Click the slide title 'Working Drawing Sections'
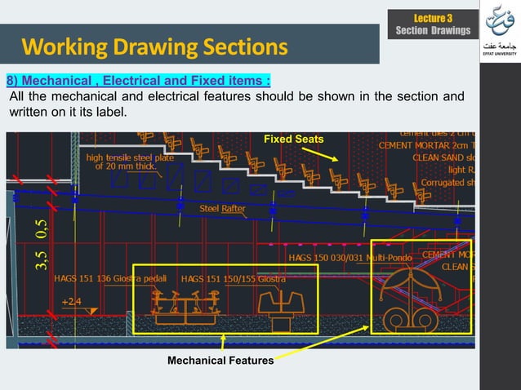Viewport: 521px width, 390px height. pyautogui.click(x=154, y=46)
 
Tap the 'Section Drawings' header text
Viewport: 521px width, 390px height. pyautogui.click(x=433, y=31)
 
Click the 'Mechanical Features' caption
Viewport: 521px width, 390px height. pyautogui.click(x=220, y=360)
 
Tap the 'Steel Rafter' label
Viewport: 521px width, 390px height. pyautogui.click(x=223, y=209)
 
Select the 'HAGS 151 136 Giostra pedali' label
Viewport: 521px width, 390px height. pyautogui.click(x=110, y=279)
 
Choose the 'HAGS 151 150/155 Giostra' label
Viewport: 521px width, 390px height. pyautogui.click(x=234, y=279)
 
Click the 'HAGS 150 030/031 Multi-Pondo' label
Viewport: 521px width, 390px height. pyautogui.click(x=353, y=258)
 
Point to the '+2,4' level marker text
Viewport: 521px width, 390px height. pyautogui.click(x=71, y=301)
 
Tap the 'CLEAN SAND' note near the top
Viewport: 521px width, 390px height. pyautogui.click(x=443, y=158)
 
